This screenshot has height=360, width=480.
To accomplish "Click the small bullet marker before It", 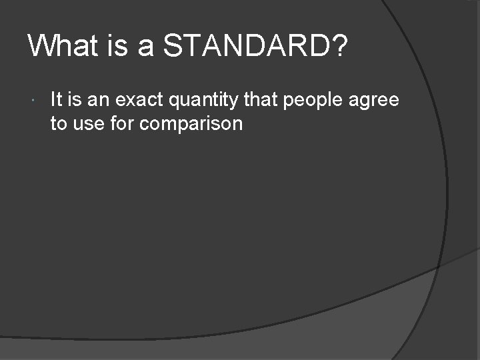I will click(33, 101).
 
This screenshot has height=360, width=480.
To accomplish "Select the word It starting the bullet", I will click(56, 100).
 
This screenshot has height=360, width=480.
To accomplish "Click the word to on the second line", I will click(58, 123).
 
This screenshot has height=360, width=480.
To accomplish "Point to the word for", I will click(121, 123).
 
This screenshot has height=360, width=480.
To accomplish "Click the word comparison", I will click(191, 125).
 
